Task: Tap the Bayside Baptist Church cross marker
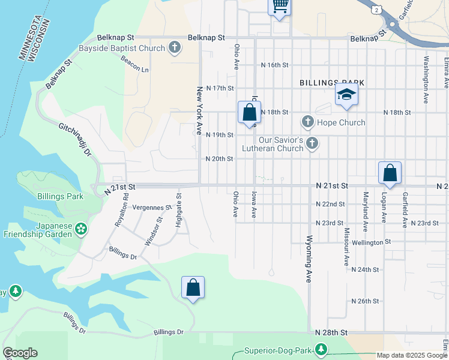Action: point(175,48)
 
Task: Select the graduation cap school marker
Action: point(346,95)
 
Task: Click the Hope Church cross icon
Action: point(308,122)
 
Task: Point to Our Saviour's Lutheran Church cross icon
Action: point(312,143)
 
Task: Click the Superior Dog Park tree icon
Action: point(322,349)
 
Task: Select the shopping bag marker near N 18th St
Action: point(249,112)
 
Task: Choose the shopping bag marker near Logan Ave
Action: point(390,173)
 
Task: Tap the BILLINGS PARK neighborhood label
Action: point(332,82)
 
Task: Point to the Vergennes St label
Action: point(151,208)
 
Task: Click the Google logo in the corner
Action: point(20,353)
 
